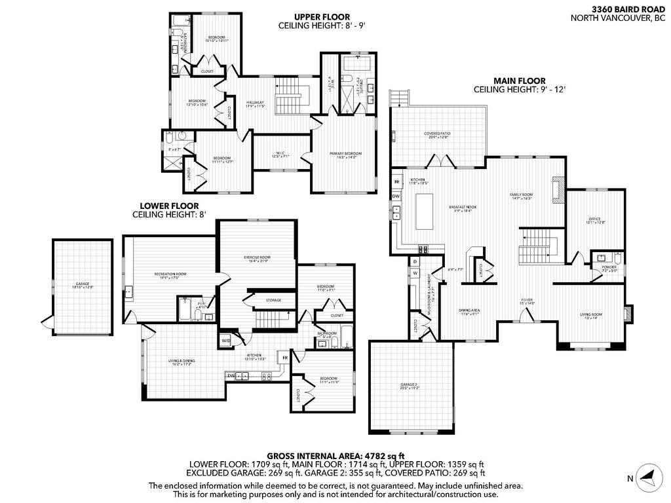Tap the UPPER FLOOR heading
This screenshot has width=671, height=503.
pos(321,17)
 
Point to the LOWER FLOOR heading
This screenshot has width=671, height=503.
pos(169,206)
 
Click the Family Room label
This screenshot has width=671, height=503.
pos(522,196)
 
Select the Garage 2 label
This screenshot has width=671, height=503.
pos(411,386)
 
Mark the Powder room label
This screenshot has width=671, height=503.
pos(609,268)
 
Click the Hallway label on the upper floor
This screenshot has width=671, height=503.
pos(255,103)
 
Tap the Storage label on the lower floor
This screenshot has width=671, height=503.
pos(273,301)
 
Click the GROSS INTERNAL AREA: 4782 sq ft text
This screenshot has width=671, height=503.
pos(335,455)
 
